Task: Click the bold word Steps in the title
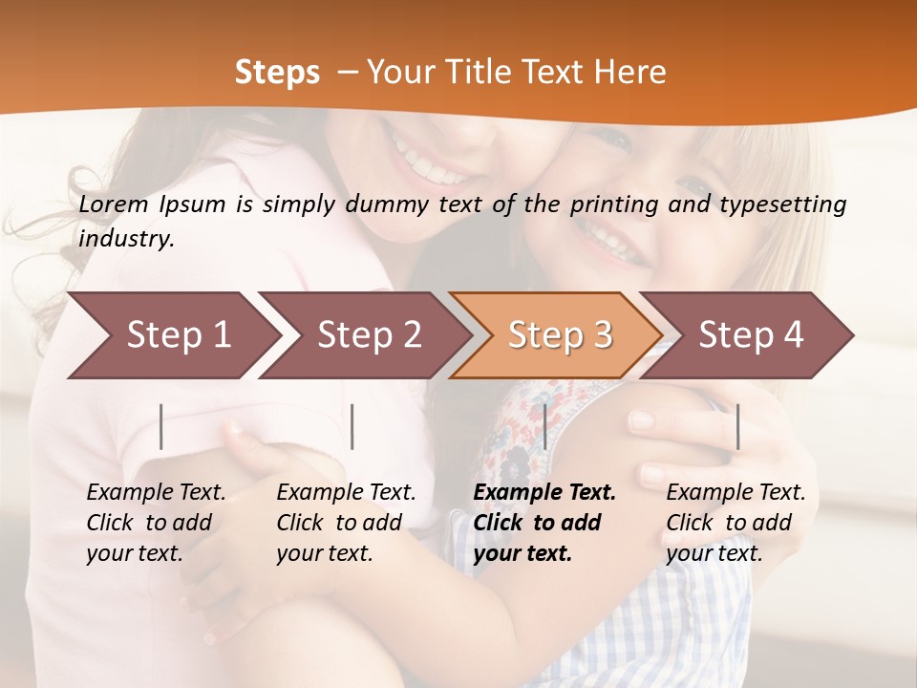(277, 73)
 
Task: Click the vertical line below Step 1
(161, 426)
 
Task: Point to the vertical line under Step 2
(352, 426)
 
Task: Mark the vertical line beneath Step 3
(544, 426)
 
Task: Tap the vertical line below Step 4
(737, 426)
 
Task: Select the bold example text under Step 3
(544, 523)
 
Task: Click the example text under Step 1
(156, 523)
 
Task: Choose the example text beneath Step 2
(346, 523)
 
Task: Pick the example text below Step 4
(736, 523)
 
